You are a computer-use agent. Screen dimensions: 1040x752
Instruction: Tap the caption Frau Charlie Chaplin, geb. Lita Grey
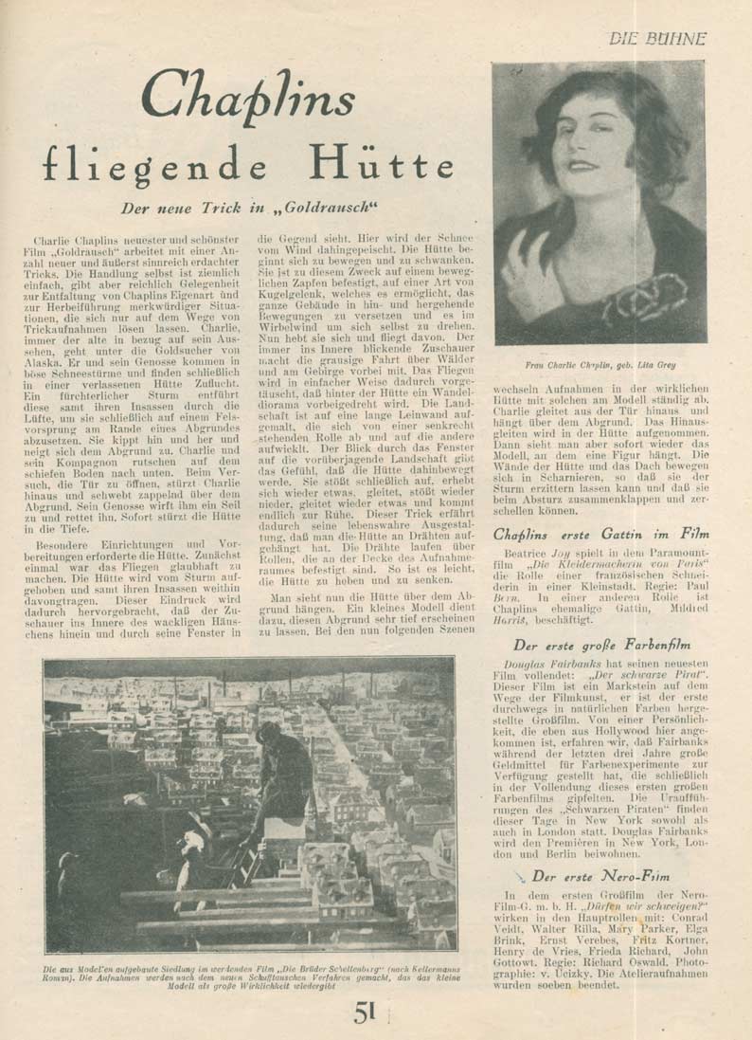pyautogui.click(x=599, y=364)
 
